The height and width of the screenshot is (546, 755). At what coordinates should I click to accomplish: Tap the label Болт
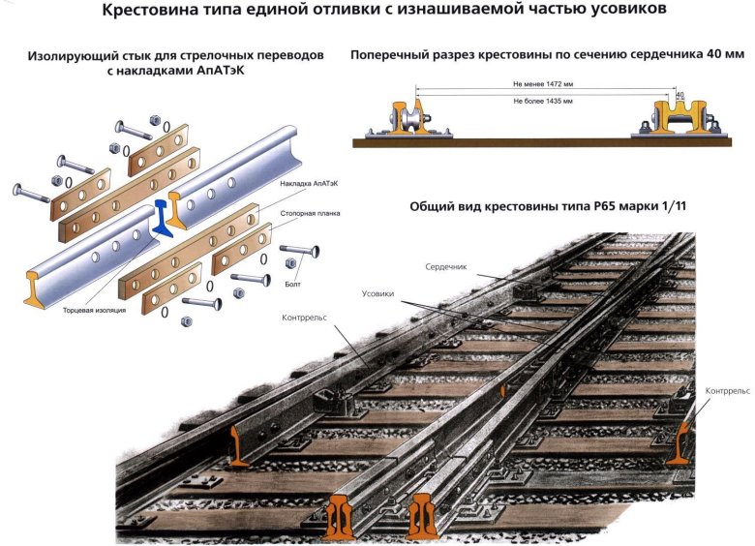[x=292, y=286]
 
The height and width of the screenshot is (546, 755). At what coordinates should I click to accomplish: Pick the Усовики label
[x=377, y=293]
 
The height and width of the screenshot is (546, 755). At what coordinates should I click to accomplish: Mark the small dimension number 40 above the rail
[x=679, y=95]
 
